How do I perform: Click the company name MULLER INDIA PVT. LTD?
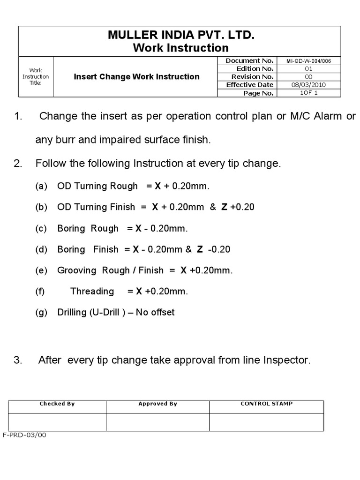180,35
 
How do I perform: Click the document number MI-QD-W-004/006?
308,60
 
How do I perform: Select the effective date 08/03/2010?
308,85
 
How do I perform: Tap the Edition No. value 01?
308,68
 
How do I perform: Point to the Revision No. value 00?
308,76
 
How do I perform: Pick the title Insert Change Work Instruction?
136,76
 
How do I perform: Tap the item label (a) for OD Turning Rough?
41,186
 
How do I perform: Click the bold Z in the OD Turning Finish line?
225,207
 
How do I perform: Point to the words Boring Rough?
88,228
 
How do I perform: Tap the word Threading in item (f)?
92,291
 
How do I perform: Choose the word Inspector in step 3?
286,360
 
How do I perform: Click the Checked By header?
57,404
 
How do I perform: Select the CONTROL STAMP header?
266,404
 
